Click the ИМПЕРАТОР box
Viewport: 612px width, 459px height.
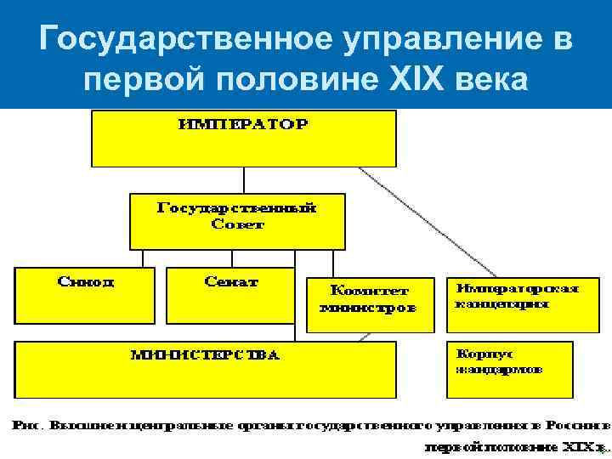point(244,138)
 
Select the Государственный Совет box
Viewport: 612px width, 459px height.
point(237,220)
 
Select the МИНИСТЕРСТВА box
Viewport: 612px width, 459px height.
point(205,369)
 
